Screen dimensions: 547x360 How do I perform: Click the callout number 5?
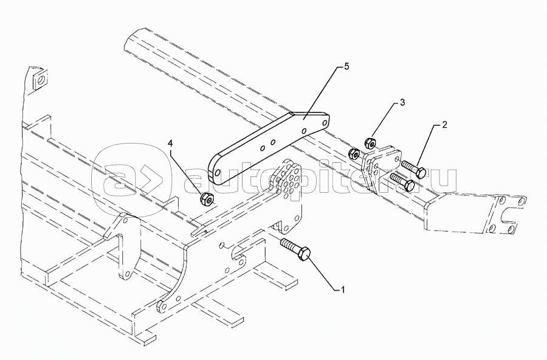click(346, 67)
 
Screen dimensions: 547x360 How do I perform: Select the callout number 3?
click(402, 103)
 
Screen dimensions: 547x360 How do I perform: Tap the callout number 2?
click(444, 125)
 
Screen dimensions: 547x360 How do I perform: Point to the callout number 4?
click(170, 143)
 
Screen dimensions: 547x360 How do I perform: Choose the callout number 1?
click(343, 289)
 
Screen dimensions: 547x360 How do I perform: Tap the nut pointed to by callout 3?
click(370, 143)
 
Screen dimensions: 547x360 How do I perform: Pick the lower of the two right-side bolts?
click(402, 181)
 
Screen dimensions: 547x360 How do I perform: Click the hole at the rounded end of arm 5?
click(218, 173)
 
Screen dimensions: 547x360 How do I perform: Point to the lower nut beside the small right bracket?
click(354, 153)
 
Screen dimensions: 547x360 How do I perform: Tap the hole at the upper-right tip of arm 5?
click(324, 123)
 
